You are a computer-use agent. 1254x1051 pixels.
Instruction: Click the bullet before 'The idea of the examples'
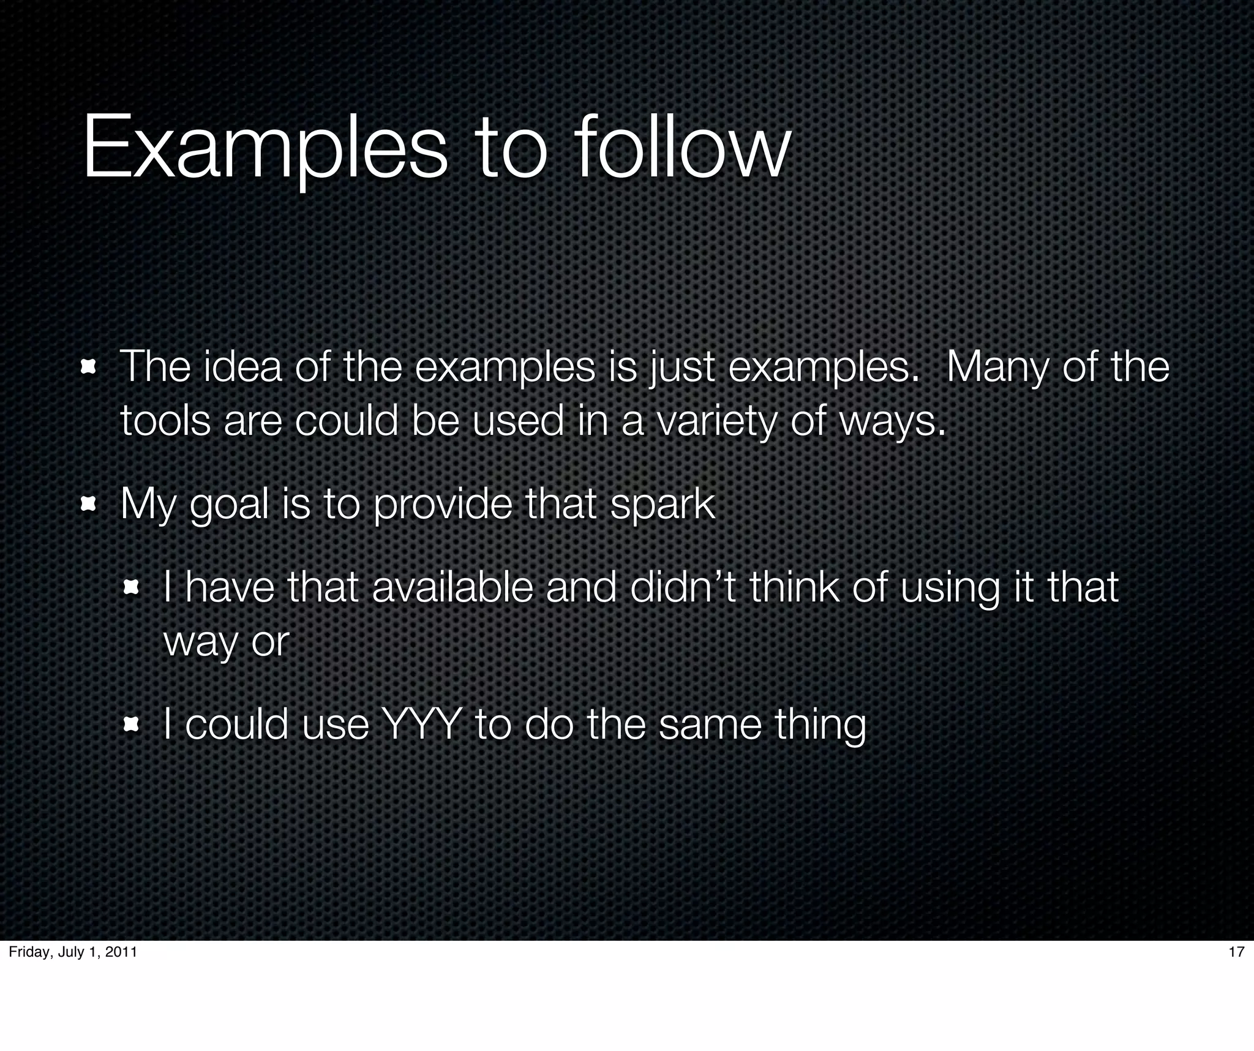coord(89,368)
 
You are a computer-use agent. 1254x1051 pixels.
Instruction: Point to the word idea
coord(242,367)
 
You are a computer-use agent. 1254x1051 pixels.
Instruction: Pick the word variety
coord(716,423)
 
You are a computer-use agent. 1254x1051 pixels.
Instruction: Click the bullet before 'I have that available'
coord(131,588)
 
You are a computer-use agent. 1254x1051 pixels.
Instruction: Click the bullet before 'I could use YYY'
coord(131,726)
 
